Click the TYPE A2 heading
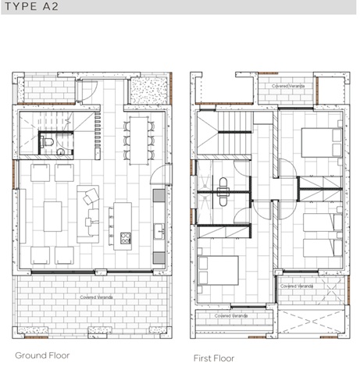click(34, 7)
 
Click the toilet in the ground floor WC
click(48, 143)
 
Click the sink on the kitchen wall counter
click(159, 229)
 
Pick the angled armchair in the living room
click(91, 196)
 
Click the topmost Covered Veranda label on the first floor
click(286, 85)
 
